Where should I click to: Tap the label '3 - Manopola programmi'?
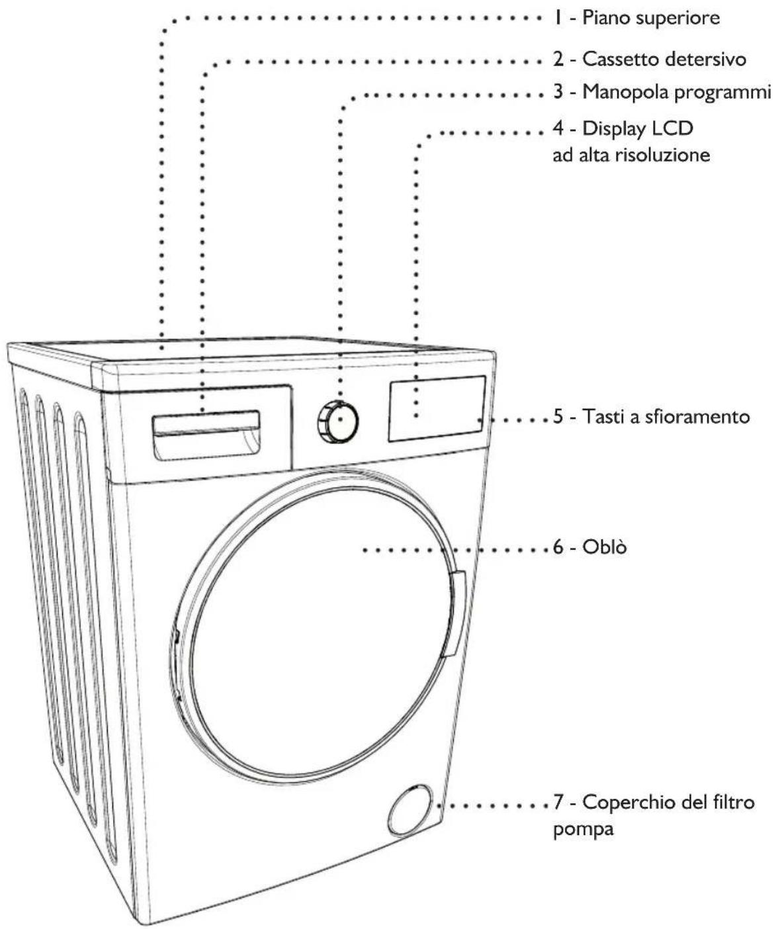[662, 92]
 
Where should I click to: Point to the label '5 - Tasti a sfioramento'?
[651, 418]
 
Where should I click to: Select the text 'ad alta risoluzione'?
[630, 155]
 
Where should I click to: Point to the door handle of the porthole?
[456, 614]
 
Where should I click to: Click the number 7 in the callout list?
[558, 803]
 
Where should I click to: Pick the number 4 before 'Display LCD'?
[558, 128]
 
